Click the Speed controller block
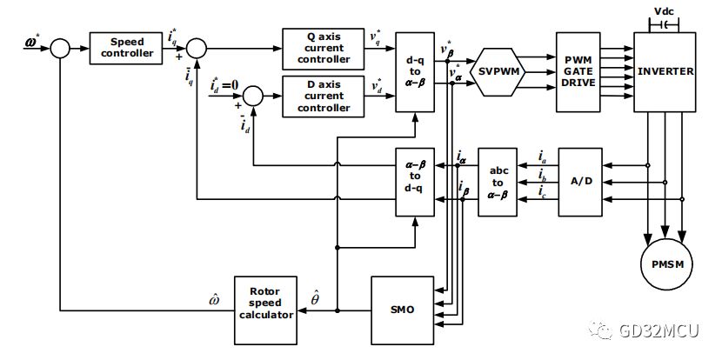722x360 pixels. (126, 48)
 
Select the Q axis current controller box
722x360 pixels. (324, 49)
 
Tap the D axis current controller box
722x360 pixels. (324, 97)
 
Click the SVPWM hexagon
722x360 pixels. (500, 72)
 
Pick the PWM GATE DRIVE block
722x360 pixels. (578, 72)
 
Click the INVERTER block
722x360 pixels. (665, 72)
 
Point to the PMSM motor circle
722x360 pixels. (668, 264)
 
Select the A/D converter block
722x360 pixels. (580, 182)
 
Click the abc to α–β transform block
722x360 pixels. (498, 182)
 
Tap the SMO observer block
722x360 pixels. (403, 310)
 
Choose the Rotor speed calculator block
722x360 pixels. (265, 310)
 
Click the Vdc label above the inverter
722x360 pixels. (663, 11)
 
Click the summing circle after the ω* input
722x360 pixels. (59, 48)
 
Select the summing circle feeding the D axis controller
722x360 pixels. (253, 96)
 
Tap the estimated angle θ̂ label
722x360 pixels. (316, 297)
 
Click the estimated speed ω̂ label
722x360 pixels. (214, 299)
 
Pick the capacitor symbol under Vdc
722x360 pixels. (664, 23)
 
